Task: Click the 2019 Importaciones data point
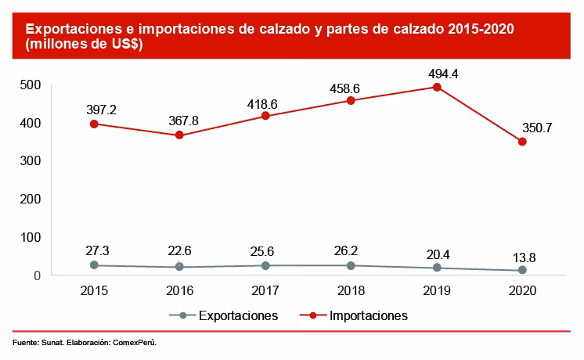pyautogui.click(x=437, y=87)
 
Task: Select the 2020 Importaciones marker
pyautogui.click(x=522, y=142)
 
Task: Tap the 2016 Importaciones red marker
pyautogui.click(x=179, y=135)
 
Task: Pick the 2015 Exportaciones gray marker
pyautogui.click(x=94, y=265)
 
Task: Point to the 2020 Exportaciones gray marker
pyautogui.click(x=522, y=270)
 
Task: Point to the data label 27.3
pyautogui.click(x=94, y=250)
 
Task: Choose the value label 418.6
pyautogui.click(x=265, y=102)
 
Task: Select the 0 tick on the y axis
pyautogui.click(x=36, y=275)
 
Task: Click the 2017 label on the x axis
pyautogui.click(x=265, y=290)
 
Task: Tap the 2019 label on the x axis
pyautogui.click(x=437, y=290)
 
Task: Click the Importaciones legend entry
pyautogui.click(x=369, y=315)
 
